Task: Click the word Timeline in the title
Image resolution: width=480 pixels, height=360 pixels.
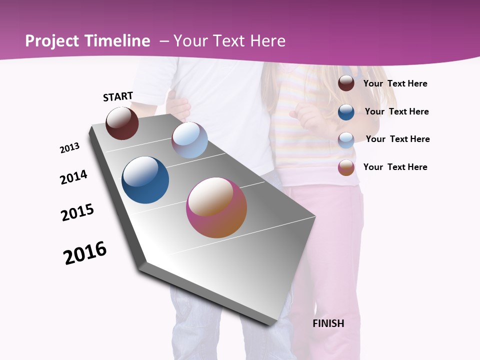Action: pos(118,41)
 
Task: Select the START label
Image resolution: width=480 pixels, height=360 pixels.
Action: pos(118,96)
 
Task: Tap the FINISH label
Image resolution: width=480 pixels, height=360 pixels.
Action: pos(328,323)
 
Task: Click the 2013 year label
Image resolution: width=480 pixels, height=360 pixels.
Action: pos(69,148)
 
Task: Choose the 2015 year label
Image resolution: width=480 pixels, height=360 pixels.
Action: pos(77,212)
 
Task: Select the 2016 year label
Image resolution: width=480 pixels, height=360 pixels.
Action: pos(85,253)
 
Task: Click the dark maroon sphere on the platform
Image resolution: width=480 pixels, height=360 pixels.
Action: pos(122,123)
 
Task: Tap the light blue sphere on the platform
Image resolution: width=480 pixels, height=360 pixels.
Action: pos(189,140)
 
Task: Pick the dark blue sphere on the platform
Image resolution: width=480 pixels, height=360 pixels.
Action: pos(145,180)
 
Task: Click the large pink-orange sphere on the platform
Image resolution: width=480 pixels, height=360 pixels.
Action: pos(216,207)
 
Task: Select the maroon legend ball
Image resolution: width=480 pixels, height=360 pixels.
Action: pos(346,83)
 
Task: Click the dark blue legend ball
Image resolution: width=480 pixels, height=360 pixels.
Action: pos(346,111)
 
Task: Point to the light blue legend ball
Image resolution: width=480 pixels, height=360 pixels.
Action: pos(346,139)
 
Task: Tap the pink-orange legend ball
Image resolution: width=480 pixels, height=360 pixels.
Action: pos(346,167)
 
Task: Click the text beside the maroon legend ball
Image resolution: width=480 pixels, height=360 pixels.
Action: pos(395,83)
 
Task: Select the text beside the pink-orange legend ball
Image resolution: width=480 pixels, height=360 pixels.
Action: pos(395,167)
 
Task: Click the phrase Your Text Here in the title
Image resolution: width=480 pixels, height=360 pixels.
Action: pos(229,41)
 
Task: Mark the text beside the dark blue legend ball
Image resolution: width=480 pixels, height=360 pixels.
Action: pos(396,111)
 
